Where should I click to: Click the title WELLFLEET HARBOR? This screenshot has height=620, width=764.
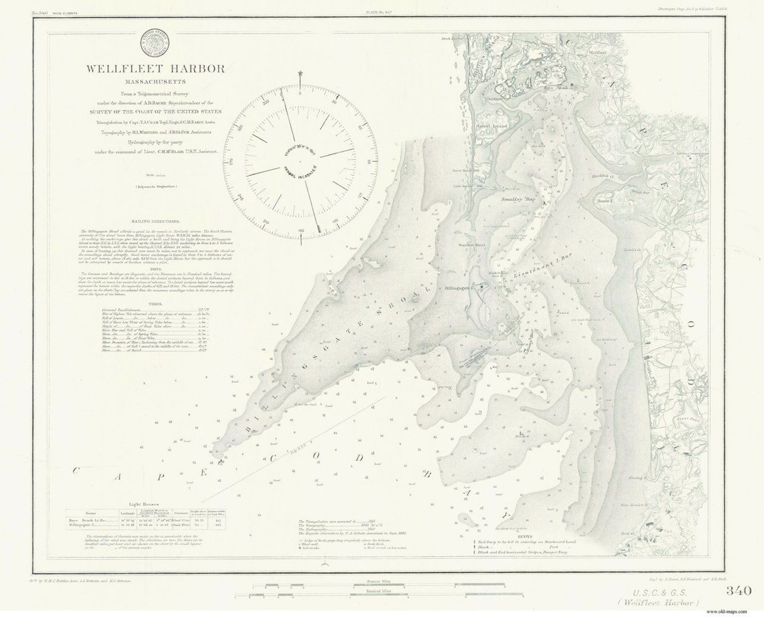click(x=155, y=68)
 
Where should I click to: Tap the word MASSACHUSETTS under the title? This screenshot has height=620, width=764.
click(x=155, y=81)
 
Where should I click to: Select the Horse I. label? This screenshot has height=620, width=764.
click(x=605, y=200)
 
